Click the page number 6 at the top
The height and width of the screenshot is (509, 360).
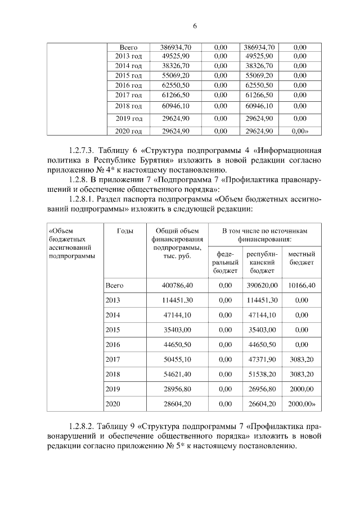(195, 26)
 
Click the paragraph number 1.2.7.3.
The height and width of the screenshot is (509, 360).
(82, 151)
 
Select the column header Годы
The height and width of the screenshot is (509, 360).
(124, 232)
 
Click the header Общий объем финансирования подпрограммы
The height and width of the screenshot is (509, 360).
(177, 244)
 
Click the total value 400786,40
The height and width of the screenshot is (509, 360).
(177, 286)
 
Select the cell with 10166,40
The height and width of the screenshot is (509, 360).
(301, 286)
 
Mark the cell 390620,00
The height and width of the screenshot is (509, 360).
(262, 286)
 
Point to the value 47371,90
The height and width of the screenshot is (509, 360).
(262, 359)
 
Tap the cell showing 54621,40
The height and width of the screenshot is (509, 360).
(177, 374)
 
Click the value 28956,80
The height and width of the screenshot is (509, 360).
(177, 389)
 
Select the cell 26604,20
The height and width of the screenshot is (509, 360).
(262, 404)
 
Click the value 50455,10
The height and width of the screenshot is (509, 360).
(177, 359)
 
